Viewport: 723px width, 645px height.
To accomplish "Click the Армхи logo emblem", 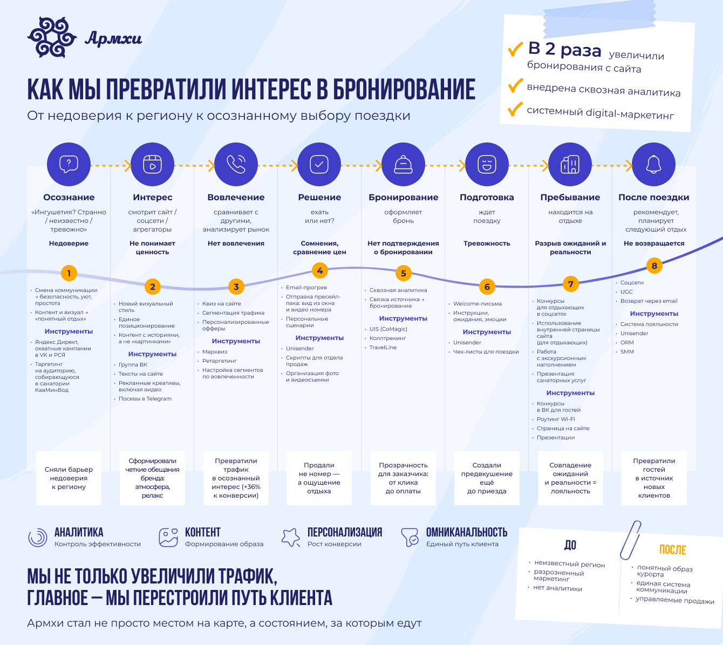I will coord(52,37).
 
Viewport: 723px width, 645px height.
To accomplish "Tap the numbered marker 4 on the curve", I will coord(320,270).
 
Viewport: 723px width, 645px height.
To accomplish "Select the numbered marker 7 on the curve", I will coord(570,283).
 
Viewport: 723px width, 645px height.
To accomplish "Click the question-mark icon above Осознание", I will coord(69,164).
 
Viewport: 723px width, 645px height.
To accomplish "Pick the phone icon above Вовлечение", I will coord(236,164).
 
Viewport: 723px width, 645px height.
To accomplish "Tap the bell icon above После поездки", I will coord(653,164).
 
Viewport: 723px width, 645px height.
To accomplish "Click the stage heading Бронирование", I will coord(403,198).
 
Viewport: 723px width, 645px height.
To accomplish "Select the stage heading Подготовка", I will coord(487,198).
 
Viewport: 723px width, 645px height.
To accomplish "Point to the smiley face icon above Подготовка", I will coord(487,164).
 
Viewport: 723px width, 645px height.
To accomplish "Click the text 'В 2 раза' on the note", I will coord(564,50).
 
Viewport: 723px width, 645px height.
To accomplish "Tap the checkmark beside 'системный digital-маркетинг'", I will coord(515,109).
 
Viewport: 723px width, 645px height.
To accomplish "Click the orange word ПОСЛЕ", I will coord(672,550).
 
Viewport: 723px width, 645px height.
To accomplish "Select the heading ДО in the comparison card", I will coord(570,545).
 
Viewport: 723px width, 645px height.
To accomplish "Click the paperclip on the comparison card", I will coord(630,540).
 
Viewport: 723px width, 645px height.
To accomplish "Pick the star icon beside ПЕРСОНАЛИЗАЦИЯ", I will coord(291,537).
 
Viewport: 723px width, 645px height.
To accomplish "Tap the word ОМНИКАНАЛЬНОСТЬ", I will coord(466,533).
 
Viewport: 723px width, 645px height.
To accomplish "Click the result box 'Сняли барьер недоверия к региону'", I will coord(69,478).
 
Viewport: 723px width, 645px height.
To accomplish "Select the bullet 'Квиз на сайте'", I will coord(221,304).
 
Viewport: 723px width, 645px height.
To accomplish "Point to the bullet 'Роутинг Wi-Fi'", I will coord(556,419).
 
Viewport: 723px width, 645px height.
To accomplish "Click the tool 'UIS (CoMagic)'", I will coord(388,329).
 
